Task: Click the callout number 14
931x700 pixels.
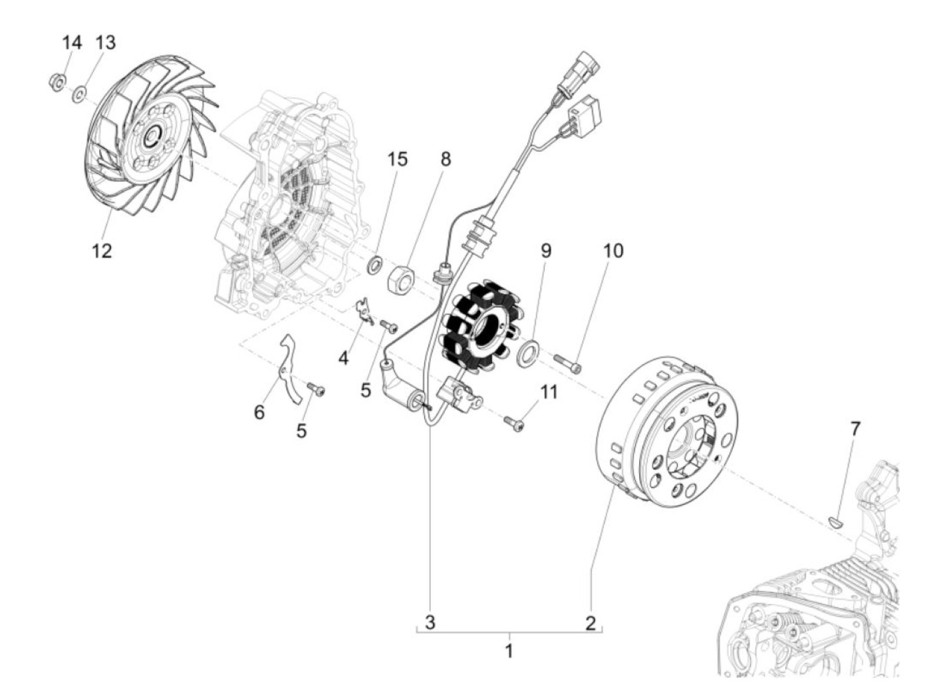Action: point(72,43)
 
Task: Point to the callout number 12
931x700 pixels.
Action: point(102,252)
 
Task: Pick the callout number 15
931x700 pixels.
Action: point(398,160)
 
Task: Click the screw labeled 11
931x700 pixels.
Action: point(514,421)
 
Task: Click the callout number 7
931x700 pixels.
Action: point(855,429)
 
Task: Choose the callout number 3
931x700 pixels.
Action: point(430,623)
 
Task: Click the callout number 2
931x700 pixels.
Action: point(591,623)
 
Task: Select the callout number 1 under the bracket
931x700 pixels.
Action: point(509,650)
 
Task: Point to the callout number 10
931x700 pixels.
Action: point(613,252)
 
